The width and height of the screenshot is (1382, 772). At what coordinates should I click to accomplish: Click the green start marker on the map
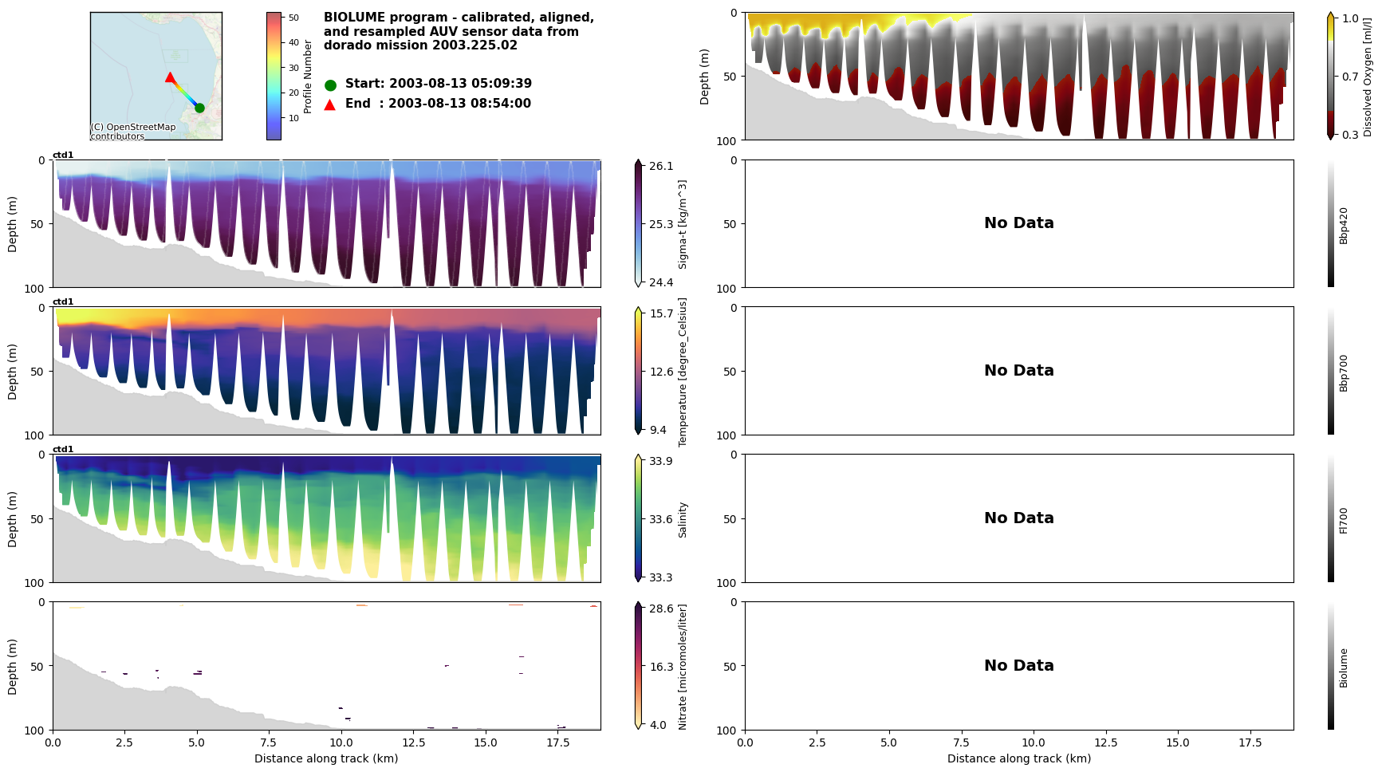(199, 108)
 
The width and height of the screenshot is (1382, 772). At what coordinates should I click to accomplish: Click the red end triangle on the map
(170, 77)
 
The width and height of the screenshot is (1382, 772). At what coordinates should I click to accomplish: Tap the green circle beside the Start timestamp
(330, 85)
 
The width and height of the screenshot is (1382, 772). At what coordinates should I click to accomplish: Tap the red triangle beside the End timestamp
(330, 104)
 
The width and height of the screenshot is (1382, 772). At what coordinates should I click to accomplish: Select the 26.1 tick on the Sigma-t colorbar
(661, 166)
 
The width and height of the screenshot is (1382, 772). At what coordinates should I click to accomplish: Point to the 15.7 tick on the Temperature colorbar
(661, 313)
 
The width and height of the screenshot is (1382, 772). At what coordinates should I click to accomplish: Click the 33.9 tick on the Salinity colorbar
(661, 461)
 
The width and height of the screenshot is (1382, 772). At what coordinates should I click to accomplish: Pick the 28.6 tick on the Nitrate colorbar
(661, 609)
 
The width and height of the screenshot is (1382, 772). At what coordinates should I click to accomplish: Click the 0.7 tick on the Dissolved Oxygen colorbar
(1350, 77)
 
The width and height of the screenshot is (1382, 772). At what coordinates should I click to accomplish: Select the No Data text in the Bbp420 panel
(1018, 223)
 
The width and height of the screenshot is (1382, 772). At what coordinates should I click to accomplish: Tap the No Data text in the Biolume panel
(1018, 666)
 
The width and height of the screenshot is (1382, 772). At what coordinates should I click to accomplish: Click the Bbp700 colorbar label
(1344, 373)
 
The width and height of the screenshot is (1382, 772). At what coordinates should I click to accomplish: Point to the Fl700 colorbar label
(1344, 520)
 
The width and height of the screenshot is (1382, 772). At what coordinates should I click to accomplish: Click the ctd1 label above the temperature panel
(63, 302)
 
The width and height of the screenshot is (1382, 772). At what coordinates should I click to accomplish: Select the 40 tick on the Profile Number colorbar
(293, 43)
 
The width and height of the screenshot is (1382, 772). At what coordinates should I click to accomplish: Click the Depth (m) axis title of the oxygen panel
(704, 77)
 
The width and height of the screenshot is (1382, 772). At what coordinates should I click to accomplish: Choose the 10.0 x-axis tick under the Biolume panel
(1034, 742)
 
